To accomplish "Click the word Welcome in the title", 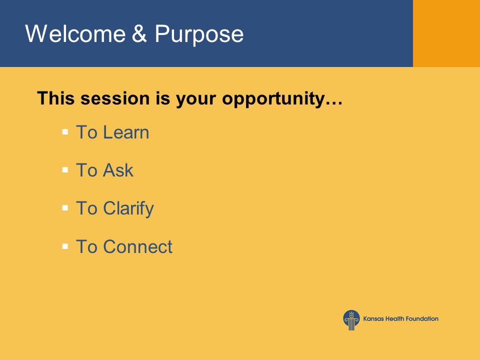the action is click(75, 33).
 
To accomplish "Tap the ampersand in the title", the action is click(139, 33).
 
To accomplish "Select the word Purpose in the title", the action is click(199, 34).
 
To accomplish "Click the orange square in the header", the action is click(446, 33).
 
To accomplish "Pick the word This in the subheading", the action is click(55, 98).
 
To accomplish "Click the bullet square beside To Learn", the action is click(65, 132).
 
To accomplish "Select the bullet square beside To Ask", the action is click(65, 170).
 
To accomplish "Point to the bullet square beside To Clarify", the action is click(65, 208).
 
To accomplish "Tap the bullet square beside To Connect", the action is click(65, 246).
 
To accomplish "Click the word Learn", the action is click(126, 132).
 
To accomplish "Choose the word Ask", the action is click(118, 170).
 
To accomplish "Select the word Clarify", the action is click(128, 209).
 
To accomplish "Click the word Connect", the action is click(138, 246).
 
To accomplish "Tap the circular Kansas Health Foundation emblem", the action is click(351, 320).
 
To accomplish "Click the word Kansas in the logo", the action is click(373, 318).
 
